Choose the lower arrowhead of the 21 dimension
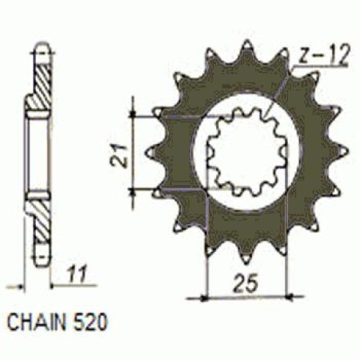(x=134, y=193)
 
